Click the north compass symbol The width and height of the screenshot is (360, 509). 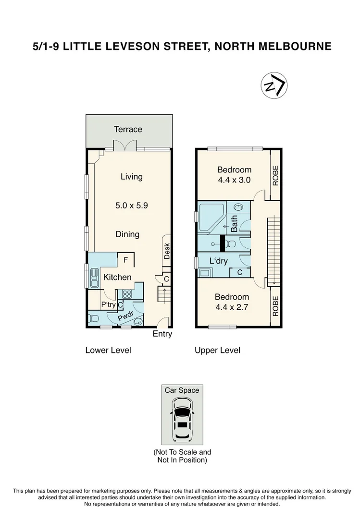(x=274, y=86)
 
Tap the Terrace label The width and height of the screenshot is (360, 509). (x=128, y=129)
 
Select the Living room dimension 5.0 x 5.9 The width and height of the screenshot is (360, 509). (x=131, y=205)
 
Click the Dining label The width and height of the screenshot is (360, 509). (x=127, y=234)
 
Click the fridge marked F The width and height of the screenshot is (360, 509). (x=125, y=261)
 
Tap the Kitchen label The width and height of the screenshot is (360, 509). (x=117, y=277)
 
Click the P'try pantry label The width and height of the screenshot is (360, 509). (x=108, y=304)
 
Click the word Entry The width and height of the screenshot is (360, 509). (x=162, y=334)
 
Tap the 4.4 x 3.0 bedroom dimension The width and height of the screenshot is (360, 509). (x=234, y=181)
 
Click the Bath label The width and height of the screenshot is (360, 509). (x=234, y=223)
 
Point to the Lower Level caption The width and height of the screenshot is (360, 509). (x=108, y=350)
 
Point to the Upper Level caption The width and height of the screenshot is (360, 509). (x=217, y=350)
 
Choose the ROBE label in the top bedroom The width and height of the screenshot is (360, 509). (x=275, y=175)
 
